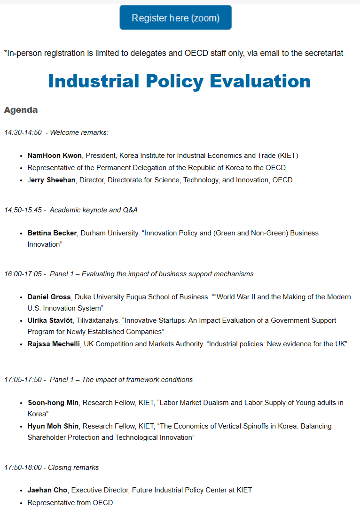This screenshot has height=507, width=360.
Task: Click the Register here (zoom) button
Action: pos(175,18)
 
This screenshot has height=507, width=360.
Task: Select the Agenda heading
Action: pos(21,110)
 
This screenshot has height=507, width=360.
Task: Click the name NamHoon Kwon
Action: pos(55,156)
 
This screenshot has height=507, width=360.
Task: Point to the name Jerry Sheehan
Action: pos(51,180)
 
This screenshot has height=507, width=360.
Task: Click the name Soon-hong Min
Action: pos(53,403)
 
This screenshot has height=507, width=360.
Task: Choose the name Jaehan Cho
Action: pos(47,490)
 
